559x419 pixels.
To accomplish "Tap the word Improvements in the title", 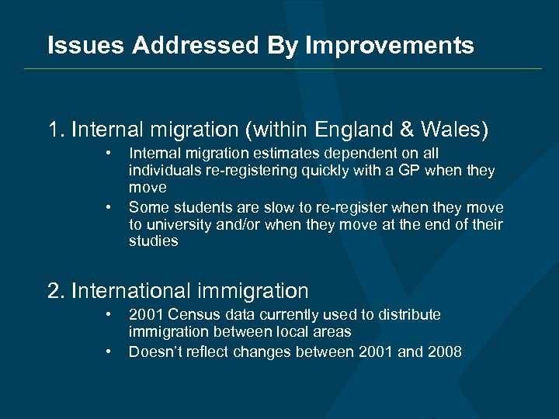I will point(390,46).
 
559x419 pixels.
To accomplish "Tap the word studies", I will point(153,241).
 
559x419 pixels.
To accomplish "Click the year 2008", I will point(445,352).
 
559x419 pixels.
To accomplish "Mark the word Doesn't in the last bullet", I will point(155,352).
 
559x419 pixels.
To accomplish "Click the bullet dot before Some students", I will point(110,208).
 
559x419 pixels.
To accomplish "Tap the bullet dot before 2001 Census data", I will point(110,315).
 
